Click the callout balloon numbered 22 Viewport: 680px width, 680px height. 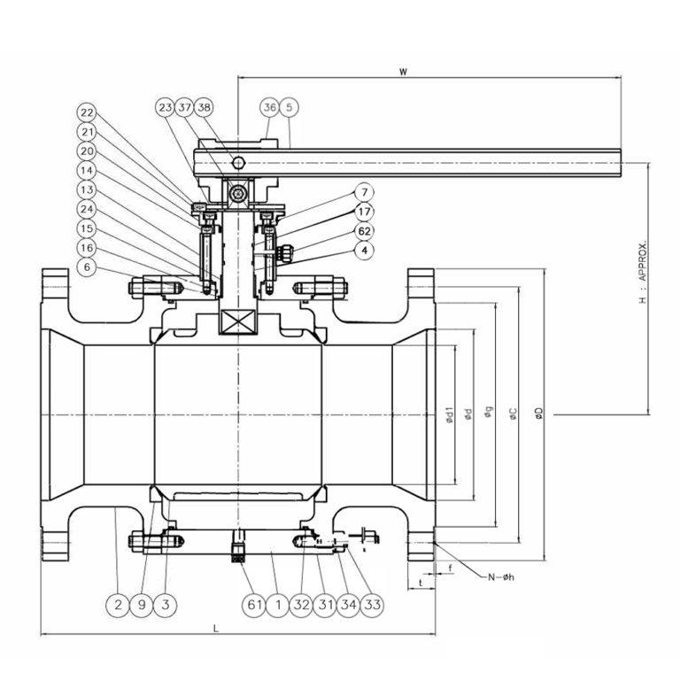point(86,112)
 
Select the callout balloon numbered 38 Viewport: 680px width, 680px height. point(205,107)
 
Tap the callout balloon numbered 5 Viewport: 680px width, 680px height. point(290,107)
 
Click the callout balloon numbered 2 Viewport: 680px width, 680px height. point(117,605)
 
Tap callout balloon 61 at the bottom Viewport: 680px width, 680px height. point(255,605)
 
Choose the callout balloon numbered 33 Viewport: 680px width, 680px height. point(373,605)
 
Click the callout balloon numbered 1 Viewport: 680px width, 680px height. point(278,605)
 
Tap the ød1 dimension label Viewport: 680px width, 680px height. point(451,413)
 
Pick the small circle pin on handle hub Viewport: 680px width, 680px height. point(237,162)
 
